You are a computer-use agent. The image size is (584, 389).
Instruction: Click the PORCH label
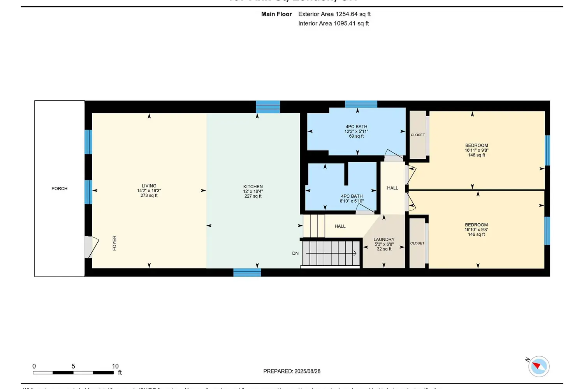(x=59, y=189)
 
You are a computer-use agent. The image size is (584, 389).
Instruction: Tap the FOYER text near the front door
(x=114, y=243)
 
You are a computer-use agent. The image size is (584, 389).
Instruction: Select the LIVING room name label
(x=149, y=186)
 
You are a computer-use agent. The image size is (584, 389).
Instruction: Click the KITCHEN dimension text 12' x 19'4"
(x=253, y=191)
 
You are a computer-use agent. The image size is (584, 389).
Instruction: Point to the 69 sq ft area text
(x=356, y=136)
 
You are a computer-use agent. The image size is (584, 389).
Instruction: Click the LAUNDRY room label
(x=384, y=240)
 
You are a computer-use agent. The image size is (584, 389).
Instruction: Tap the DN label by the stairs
(x=296, y=253)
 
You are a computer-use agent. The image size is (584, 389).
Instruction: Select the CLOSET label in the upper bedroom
(x=418, y=135)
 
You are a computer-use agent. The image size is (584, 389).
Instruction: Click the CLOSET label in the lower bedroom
(x=417, y=244)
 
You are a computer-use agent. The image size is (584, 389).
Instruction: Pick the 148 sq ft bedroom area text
(x=477, y=155)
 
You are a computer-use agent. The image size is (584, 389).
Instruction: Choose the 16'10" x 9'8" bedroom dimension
(x=476, y=230)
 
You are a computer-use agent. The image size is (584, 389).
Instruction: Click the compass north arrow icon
(x=539, y=366)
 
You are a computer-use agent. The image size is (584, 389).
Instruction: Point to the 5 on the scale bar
(x=73, y=366)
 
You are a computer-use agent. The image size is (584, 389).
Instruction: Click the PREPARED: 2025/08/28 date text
(x=292, y=371)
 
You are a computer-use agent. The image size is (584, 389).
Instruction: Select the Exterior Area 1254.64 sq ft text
(x=334, y=14)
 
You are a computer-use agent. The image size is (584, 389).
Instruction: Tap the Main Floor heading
(x=276, y=14)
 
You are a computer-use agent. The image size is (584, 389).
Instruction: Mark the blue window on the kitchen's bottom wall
(x=247, y=272)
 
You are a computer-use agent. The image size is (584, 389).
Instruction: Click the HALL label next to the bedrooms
(x=392, y=188)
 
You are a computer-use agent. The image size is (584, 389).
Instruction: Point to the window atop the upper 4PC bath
(x=361, y=104)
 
